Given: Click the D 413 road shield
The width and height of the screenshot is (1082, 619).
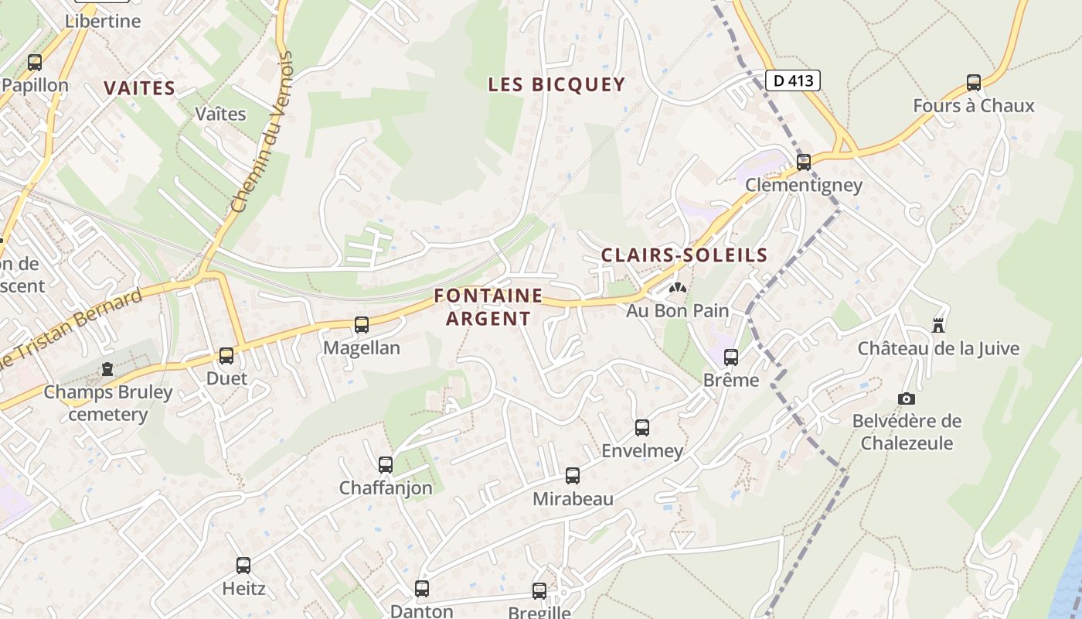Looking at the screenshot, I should [793, 80].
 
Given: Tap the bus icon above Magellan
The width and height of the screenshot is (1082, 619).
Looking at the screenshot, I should [362, 325].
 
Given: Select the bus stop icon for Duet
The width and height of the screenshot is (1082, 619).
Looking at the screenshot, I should [226, 356].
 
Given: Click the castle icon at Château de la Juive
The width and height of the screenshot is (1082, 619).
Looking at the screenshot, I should [938, 326].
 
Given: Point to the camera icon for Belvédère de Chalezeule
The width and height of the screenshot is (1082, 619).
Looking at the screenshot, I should [907, 398].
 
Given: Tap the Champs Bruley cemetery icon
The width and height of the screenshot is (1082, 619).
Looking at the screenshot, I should [107, 370].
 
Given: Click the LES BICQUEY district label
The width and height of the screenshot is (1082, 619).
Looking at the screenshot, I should [556, 84].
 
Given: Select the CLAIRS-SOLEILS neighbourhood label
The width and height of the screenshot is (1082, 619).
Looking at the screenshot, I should [684, 255].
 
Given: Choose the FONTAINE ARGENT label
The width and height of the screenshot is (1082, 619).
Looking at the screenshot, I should [488, 306].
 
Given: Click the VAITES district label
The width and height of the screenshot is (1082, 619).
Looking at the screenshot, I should [140, 88].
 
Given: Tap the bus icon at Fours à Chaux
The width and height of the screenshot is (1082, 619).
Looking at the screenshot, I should [974, 83].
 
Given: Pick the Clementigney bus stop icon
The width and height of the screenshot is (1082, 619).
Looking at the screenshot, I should [804, 162].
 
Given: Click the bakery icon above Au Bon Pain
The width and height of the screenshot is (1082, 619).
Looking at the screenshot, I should [678, 289].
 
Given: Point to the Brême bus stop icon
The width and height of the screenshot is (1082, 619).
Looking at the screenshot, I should [731, 357].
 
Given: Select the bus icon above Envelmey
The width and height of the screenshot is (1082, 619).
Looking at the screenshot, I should [642, 428].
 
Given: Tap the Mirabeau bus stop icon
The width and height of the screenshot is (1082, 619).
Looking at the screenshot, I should [573, 476].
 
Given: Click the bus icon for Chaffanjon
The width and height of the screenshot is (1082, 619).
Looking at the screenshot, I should [386, 465].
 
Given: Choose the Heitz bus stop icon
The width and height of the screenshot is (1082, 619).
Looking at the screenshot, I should [243, 566].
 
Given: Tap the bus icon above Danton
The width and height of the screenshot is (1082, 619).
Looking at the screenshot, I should [422, 589].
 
